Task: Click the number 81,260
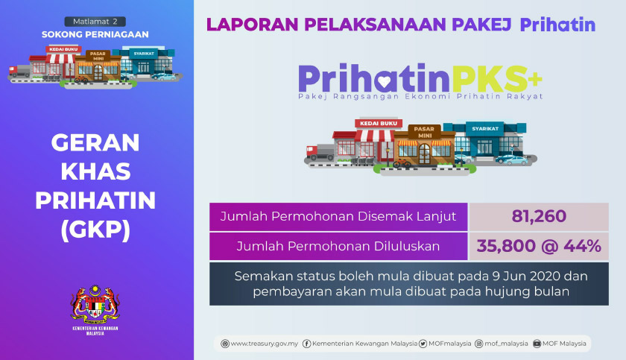pyautogui.click(x=539, y=217)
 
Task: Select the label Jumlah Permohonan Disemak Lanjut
pyautogui.click(x=338, y=217)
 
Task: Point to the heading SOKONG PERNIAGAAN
pyautogui.click(x=95, y=34)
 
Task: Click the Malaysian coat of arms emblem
pyautogui.click(x=95, y=304)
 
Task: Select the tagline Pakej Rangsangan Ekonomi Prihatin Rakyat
pyautogui.click(x=420, y=96)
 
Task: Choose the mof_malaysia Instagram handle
pyautogui.click(x=502, y=344)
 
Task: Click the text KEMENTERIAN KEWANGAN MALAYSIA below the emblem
pyautogui.click(x=95, y=330)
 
